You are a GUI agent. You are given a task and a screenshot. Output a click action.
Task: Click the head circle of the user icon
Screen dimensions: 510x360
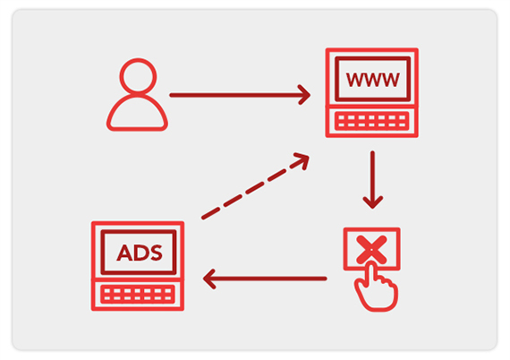[138, 60]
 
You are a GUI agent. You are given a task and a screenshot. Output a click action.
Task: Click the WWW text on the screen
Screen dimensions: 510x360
[372, 80]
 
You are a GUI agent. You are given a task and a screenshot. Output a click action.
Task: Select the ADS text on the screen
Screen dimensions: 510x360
[140, 253]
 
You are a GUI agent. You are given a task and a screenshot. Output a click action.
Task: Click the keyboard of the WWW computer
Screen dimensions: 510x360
[372, 121]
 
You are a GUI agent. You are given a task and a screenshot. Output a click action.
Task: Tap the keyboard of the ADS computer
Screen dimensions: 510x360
[138, 294]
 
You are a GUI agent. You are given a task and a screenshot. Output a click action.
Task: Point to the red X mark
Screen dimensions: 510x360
[371, 250]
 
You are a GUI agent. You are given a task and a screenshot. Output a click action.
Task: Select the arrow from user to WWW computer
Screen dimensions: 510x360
[240, 95]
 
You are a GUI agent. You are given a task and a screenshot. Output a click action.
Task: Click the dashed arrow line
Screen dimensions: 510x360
[255, 186]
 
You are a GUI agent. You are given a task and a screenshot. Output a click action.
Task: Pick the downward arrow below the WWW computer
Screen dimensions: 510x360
[373, 180]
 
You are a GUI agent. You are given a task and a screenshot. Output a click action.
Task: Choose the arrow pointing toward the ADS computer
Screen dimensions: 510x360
[265, 279]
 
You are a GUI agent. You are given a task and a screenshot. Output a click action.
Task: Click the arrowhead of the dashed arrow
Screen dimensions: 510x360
[303, 159]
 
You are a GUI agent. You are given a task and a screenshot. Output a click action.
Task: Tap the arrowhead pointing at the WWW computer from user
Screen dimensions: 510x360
[305, 95]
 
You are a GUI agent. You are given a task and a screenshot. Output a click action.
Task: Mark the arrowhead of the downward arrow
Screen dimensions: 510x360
[373, 202]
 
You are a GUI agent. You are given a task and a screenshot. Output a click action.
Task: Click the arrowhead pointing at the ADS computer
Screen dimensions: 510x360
[208, 279]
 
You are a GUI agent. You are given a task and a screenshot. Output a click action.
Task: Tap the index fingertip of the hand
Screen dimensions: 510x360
[370, 263]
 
